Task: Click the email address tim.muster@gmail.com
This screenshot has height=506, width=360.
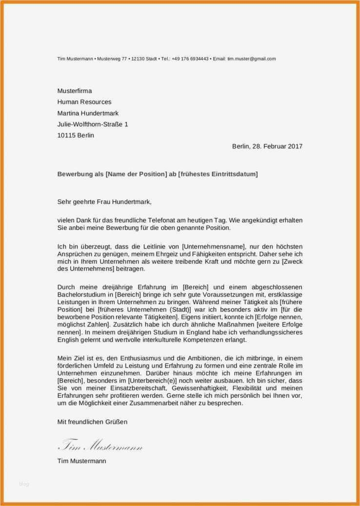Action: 251,59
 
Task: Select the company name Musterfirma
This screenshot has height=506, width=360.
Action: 74,91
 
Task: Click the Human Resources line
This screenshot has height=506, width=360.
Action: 84,102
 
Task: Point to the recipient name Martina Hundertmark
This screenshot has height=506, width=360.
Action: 88,113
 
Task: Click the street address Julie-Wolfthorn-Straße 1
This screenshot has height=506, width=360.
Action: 93,124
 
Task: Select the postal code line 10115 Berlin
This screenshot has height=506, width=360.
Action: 76,136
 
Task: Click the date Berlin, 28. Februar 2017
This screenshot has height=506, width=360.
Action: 267,146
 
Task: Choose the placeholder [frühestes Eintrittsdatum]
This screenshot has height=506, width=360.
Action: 218,174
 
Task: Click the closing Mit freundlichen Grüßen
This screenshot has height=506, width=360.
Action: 92,422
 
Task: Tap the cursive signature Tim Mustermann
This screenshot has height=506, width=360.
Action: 100,446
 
